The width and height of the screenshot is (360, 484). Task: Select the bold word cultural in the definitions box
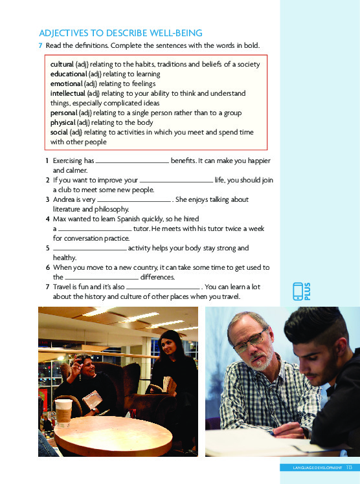tap(62, 64)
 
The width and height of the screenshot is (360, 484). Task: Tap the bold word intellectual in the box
tap(67, 93)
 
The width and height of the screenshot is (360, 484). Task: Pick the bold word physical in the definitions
tap(63, 122)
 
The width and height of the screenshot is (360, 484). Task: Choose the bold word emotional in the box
tap(66, 83)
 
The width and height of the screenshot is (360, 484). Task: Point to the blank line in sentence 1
tap(132, 161)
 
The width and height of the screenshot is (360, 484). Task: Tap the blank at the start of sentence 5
tap(89, 249)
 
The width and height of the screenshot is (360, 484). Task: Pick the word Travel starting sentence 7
tap(63, 287)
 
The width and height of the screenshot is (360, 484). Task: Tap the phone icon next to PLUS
tap(298, 292)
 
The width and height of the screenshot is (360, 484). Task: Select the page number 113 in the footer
tap(348, 467)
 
